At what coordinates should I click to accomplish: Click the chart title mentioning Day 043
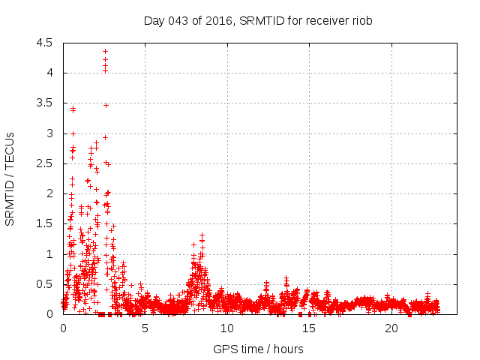point(258,20)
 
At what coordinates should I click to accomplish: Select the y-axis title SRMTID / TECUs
point(10,178)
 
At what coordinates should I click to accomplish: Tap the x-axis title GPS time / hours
point(258,349)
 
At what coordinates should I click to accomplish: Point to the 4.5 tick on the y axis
point(44,43)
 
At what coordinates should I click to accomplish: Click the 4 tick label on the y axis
point(49,73)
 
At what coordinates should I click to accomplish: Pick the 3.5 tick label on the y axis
point(44,103)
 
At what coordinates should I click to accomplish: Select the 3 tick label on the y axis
point(49,133)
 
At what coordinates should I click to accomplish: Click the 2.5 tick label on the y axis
point(44,163)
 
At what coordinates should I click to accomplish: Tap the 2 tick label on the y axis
point(49,193)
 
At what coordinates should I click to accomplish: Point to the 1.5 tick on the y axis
point(44,224)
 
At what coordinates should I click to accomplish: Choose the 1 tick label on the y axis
point(49,254)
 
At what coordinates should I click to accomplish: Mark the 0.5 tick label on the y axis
point(44,284)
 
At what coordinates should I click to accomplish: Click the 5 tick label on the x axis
point(145,329)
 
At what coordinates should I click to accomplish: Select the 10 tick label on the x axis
point(227,329)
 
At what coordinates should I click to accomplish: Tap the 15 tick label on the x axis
point(309,329)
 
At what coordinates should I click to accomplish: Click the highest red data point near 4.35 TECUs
point(105,51)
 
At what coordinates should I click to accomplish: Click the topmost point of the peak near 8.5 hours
point(202,235)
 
